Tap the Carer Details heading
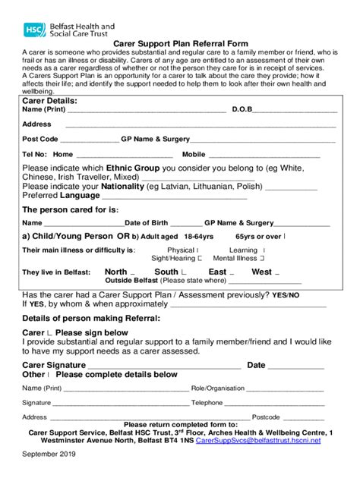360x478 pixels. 50,100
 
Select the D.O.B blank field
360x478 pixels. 295,111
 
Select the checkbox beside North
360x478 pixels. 133,272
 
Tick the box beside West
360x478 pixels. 277,272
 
